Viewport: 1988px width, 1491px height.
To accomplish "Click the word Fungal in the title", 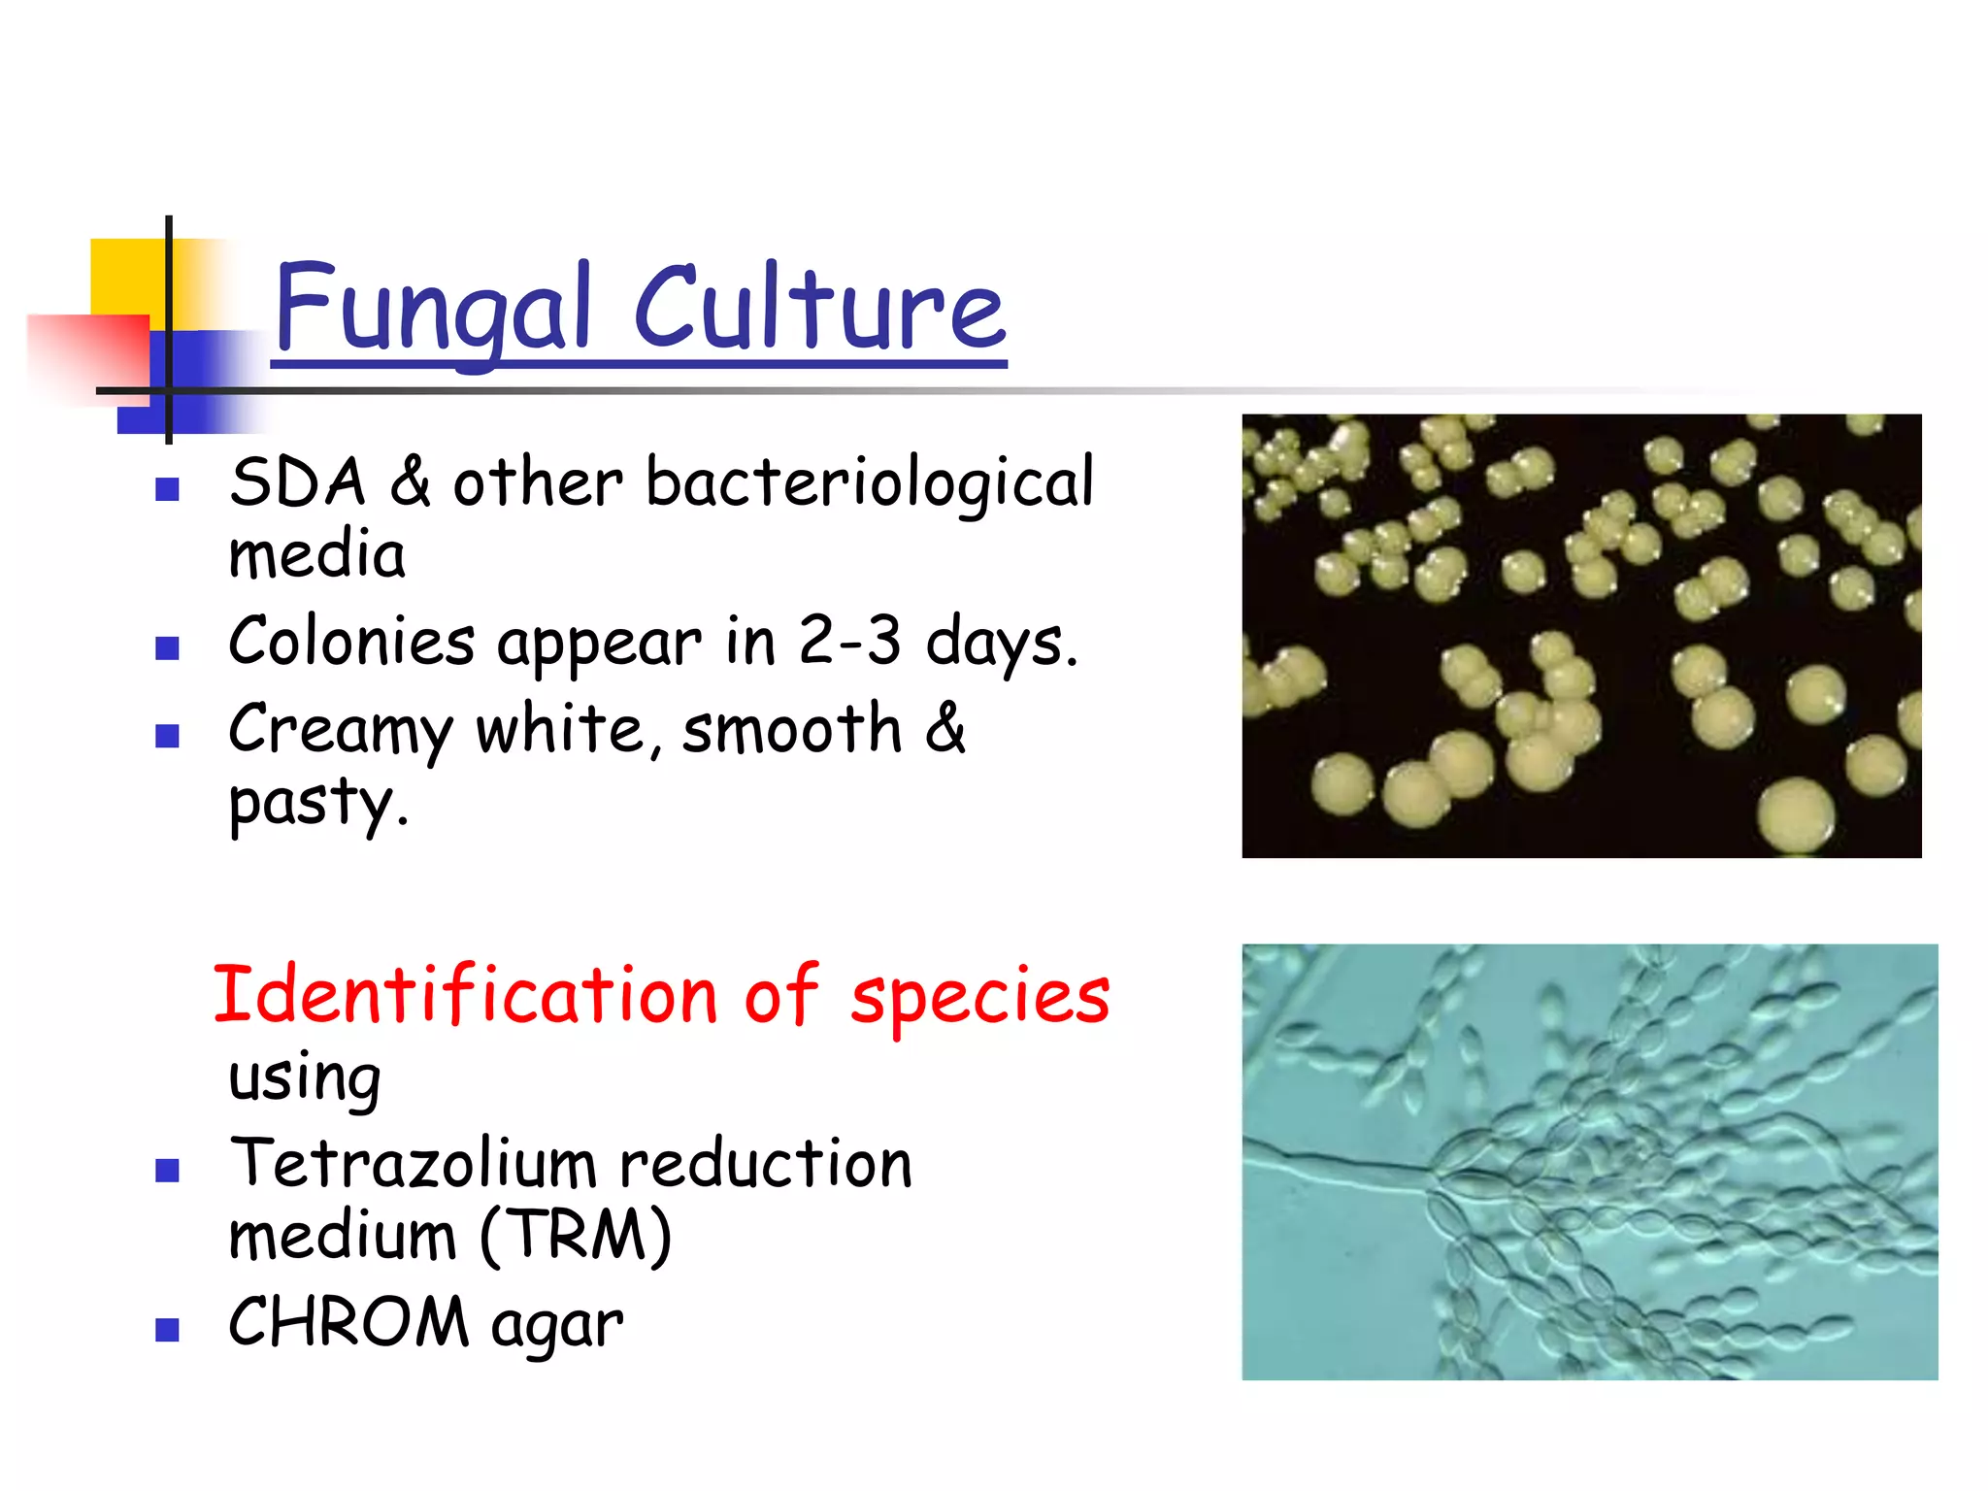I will [433, 309].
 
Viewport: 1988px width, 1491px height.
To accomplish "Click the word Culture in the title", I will [820, 309].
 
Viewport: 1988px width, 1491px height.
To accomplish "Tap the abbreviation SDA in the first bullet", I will [298, 482].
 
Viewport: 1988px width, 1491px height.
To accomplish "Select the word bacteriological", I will [870, 482].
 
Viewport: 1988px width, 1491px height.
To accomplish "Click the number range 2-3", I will [849, 642].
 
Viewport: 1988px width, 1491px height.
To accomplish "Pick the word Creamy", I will [340, 730].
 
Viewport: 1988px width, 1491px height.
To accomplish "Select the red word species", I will [979, 996].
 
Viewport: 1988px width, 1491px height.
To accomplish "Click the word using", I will [304, 1077].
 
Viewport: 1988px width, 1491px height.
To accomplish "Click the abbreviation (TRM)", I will [576, 1237].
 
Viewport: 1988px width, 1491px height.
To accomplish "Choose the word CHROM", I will [348, 1323].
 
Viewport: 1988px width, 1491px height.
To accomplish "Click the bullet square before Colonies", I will [168, 647].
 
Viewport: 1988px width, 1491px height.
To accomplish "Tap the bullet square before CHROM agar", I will [168, 1329].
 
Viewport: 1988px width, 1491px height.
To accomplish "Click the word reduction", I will [766, 1164].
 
